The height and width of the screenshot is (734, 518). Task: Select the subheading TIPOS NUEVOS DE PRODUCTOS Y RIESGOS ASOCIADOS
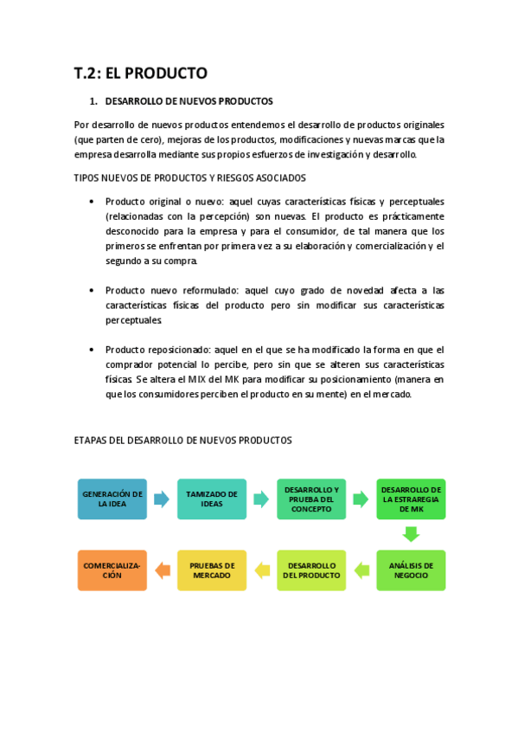[x=189, y=178]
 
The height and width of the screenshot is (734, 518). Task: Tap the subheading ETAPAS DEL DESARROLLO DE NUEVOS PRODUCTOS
[x=182, y=441]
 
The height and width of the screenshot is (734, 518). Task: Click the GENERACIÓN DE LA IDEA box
[x=112, y=499]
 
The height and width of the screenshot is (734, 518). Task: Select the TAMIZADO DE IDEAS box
[x=212, y=499]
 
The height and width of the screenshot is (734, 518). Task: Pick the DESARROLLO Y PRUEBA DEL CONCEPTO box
[x=311, y=499]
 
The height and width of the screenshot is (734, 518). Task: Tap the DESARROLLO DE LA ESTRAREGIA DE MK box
[x=411, y=499]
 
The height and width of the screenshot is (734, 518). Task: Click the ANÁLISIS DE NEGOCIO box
[x=411, y=570]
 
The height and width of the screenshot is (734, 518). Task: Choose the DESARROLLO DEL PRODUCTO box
[x=311, y=570]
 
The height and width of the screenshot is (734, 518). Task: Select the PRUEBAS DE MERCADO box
[x=212, y=570]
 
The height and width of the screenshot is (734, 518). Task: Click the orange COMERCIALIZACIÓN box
[x=112, y=570]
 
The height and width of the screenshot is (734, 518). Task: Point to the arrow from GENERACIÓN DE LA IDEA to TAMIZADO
[x=162, y=499]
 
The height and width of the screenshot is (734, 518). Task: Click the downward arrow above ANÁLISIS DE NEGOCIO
[x=411, y=534]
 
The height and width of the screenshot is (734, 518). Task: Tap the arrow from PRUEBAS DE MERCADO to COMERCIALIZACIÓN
[x=162, y=570]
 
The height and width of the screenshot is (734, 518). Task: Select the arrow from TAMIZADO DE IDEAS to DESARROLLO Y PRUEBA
[x=261, y=499]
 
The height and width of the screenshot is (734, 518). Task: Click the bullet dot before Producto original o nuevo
[x=93, y=202]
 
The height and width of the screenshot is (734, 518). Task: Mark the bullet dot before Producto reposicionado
[x=93, y=350]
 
